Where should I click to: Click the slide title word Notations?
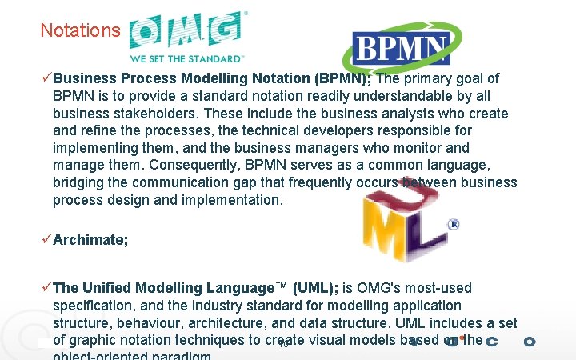coord(80,30)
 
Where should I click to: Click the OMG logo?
coord(187,32)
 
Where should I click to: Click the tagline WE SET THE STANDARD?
coord(186,58)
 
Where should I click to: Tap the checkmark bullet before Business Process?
coord(46,78)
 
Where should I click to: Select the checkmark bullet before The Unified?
coord(46,288)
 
